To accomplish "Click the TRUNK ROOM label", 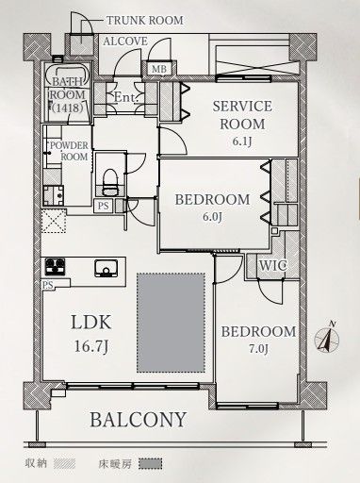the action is tap(145, 21).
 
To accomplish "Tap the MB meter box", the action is tap(159, 69).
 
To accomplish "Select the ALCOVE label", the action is tap(125, 42).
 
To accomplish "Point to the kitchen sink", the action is tap(106, 268).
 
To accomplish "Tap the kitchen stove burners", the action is tap(55, 267).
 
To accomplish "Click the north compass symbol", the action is tap(327, 338).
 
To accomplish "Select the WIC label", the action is tap(272, 266).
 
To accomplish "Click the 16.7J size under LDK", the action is tap(91, 346).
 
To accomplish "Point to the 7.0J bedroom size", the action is tap(259, 349).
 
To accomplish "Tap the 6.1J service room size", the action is tap(242, 142).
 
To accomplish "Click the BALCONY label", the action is tap(139, 420).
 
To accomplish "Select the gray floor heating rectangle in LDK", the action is tap(171, 323).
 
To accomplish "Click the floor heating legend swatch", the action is tap(151, 464).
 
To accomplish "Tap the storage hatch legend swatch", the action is tap(64, 463).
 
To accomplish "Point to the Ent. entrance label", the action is tap(125, 97).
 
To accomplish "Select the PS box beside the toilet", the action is tap(104, 206).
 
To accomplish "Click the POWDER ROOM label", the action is tap(70, 151).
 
